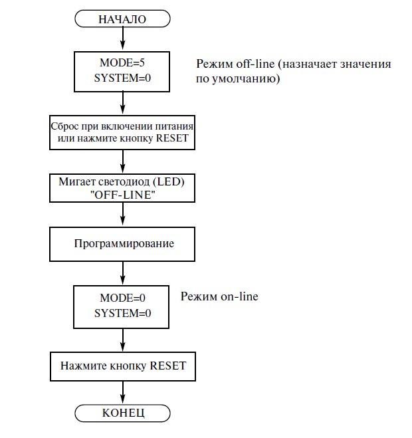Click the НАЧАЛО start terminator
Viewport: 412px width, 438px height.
(x=122, y=19)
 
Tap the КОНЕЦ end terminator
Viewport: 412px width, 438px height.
(x=122, y=413)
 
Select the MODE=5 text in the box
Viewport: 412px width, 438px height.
(x=122, y=62)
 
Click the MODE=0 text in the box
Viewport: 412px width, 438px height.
(x=123, y=298)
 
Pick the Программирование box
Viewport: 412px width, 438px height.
(x=122, y=244)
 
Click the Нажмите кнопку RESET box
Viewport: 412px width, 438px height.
(x=123, y=366)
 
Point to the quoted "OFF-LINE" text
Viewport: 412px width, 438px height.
(x=123, y=195)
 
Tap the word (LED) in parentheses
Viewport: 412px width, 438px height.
(x=168, y=182)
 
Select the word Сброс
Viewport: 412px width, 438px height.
(x=65, y=126)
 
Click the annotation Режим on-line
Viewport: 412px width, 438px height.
(x=219, y=296)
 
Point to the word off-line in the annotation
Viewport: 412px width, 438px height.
(x=255, y=64)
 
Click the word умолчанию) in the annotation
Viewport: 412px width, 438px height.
(x=246, y=79)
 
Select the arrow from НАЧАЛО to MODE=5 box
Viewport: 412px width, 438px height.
(x=123, y=39)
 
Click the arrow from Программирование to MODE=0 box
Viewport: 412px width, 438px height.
(x=123, y=273)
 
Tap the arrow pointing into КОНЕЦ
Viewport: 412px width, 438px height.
(x=123, y=392)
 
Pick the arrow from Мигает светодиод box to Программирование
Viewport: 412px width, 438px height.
(x=123, y=214)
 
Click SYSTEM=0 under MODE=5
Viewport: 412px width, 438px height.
(x=122, y=78)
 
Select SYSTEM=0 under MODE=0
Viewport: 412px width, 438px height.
(x=123, y=313)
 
